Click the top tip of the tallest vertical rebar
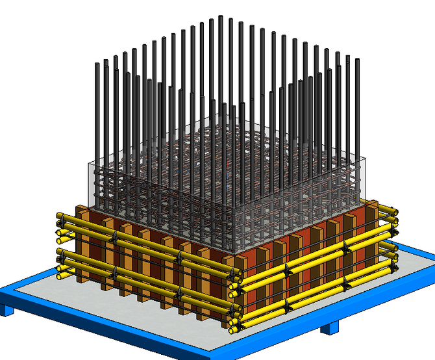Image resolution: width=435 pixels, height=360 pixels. coord(221,18)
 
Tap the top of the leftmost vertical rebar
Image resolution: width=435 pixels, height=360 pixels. coord(97,65)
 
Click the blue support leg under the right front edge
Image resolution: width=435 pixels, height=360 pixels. coord(330,329)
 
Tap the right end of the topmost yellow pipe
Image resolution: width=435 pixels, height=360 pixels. coord(394,208)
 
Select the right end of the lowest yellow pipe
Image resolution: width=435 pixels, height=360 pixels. coord(394,266)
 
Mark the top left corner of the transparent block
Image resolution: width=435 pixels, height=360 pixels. coord(87,162)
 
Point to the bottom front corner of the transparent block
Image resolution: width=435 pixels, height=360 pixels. coord(234,252)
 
